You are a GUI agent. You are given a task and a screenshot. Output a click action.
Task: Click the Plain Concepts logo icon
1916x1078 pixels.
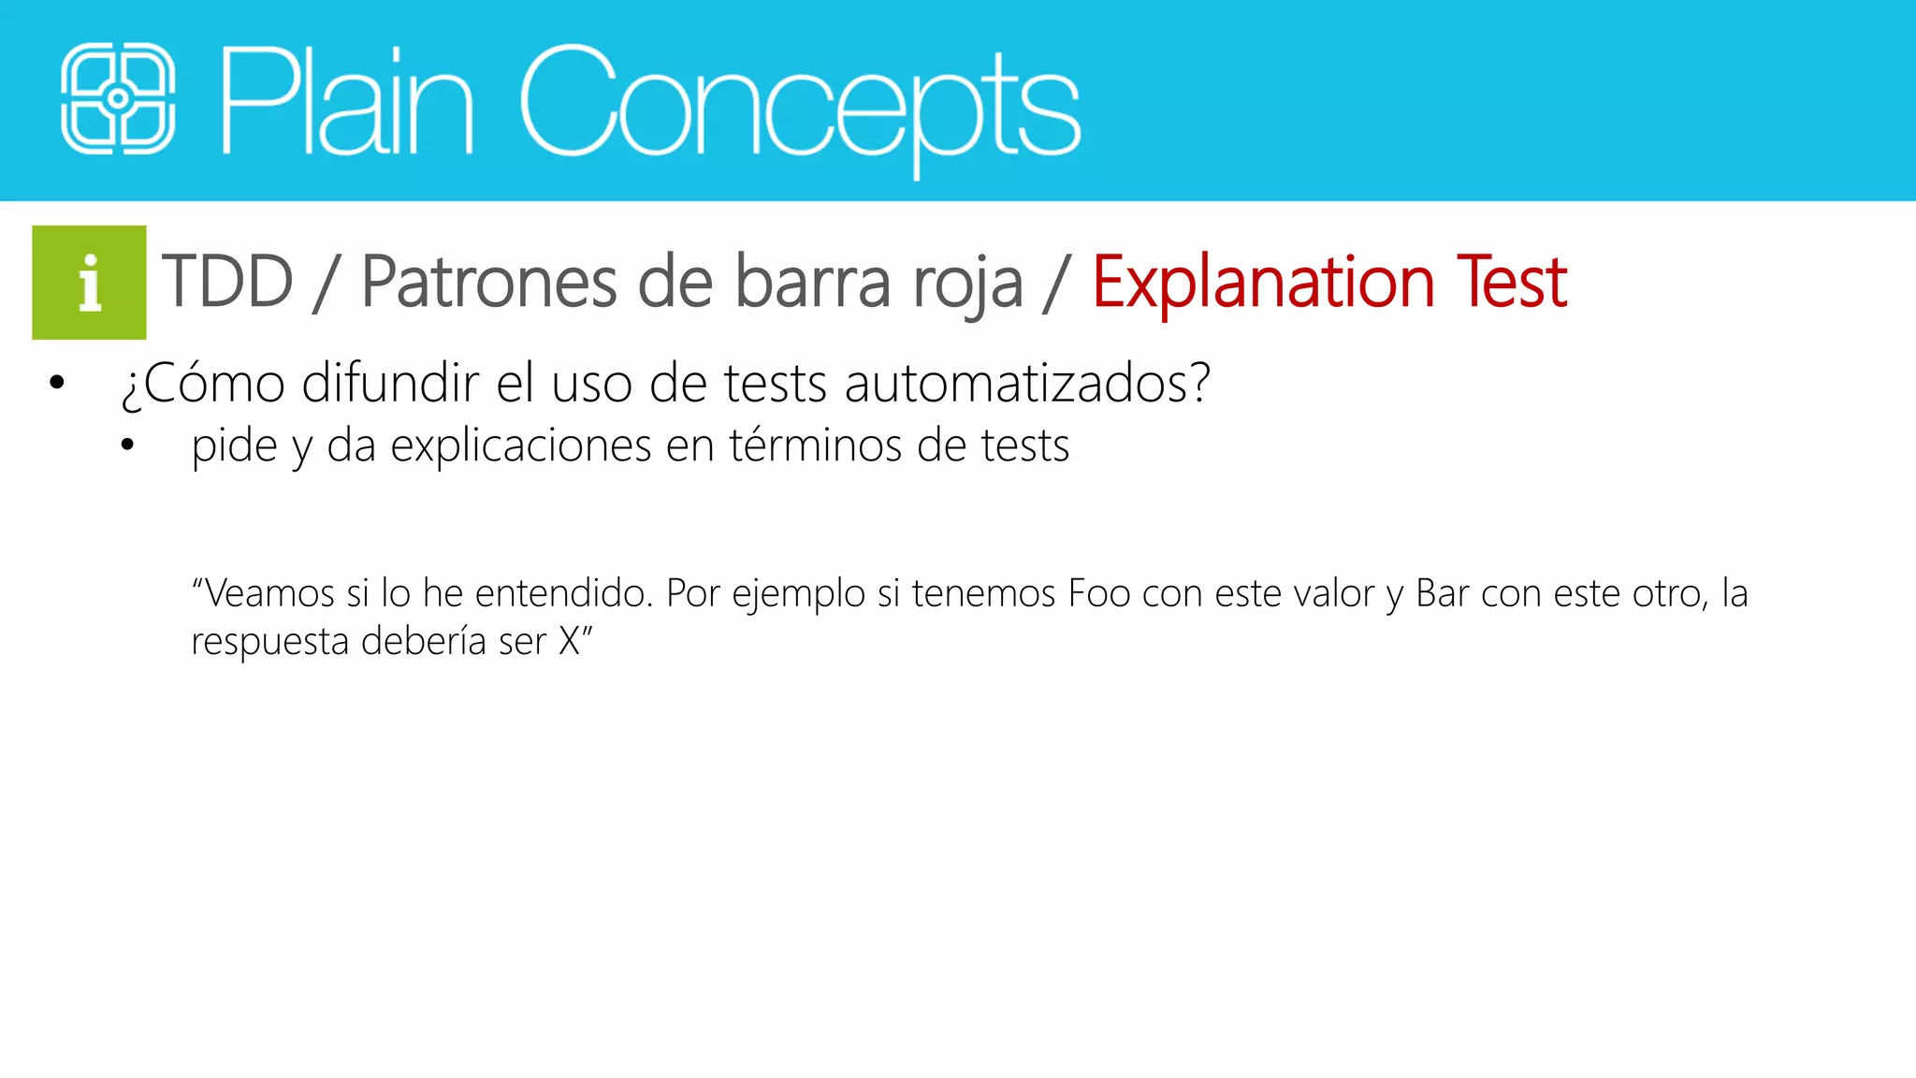coord(118,98)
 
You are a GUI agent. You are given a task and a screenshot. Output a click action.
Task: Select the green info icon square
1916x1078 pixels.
coord(89,282)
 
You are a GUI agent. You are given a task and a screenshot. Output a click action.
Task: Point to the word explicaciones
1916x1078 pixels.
coord(520,446)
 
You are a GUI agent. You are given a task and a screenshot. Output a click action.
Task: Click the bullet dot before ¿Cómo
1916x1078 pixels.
coord(57,383)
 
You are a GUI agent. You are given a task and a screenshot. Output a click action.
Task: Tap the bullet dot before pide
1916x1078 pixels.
coord(127,445)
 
